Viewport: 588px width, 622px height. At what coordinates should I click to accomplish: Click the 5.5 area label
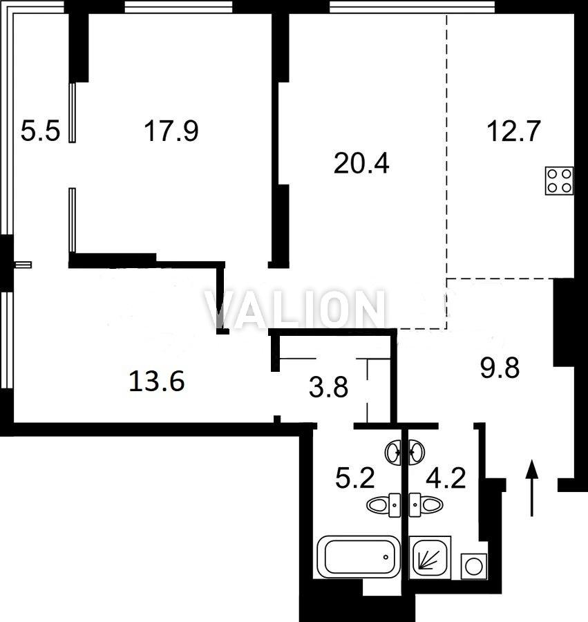[40, 131]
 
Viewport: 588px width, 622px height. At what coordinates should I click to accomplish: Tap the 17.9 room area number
[171, 131]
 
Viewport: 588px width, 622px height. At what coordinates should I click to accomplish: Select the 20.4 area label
[361, 163]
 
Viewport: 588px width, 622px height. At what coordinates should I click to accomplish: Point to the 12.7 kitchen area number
[513, 131]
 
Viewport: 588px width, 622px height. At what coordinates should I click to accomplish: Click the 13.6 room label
[157, 381]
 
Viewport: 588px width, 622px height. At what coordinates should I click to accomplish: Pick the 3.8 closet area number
[328, 387]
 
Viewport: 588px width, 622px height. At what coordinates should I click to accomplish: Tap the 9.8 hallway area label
[500, 368]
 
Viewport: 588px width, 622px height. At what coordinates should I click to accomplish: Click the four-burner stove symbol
[559, 180]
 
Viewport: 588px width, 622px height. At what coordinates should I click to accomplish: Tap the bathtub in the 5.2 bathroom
[359, 556]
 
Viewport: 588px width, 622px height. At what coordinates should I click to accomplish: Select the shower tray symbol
[430, 557]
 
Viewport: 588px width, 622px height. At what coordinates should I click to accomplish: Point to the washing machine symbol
[474, 565]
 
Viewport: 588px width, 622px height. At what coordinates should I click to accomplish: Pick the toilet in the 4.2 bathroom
[426, 505]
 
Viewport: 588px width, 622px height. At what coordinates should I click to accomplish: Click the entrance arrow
[532, 488]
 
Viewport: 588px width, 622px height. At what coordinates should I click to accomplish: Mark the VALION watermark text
[294, 310]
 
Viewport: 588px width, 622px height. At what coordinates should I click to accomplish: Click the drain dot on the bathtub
[386, 557]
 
